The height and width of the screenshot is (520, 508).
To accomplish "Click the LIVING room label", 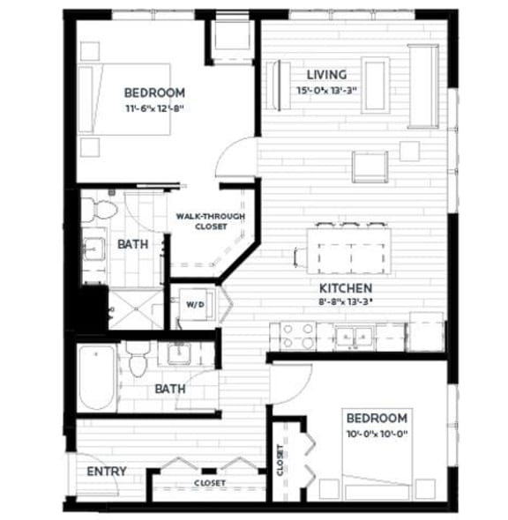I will point(326,74).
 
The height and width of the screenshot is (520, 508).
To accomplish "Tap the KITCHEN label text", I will point(345,288).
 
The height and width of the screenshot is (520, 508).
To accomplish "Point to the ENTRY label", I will point(106,471).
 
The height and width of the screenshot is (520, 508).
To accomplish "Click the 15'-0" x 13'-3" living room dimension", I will point(330,90).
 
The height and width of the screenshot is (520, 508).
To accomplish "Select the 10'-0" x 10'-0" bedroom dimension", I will point(377,433).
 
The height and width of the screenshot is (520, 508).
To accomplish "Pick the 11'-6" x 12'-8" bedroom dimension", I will point(154,108).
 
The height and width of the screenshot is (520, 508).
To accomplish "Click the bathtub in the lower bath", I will point(96,380).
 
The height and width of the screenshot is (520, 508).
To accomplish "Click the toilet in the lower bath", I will point(137,361).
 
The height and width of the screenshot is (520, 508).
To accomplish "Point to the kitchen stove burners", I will point(298,334).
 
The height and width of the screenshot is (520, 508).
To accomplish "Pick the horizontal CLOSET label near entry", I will point(209,483).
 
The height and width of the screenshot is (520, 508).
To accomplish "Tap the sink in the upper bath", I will point(95,248).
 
